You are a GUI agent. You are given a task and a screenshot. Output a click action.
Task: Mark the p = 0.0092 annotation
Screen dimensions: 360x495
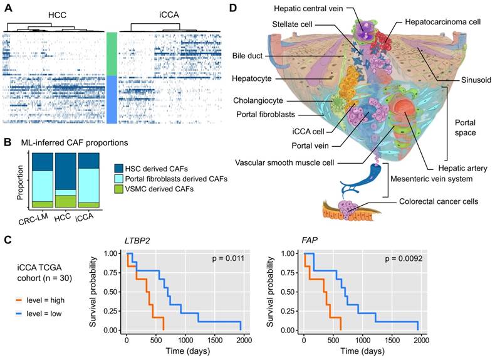coord(399,258)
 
